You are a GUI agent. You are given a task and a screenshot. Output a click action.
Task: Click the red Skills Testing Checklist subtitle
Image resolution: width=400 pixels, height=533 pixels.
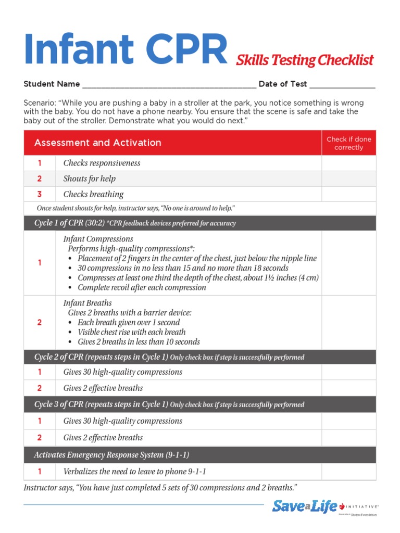click(x=305, y=60)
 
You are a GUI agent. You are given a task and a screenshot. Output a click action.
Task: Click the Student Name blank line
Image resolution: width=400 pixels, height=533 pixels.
click(x=169, y=85)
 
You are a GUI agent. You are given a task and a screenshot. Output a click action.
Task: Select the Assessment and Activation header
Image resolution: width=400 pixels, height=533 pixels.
click(x=97, y=143)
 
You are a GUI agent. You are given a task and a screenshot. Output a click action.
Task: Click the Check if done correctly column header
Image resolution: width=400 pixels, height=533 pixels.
click(x=348, y=143)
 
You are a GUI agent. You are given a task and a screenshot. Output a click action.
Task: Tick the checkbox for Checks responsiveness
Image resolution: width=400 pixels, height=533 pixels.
click(x=348, y=163)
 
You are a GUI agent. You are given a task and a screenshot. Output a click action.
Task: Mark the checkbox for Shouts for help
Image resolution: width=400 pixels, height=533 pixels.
click(x=348, y=179)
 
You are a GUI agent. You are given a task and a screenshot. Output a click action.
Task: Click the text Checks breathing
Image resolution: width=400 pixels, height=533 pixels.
click(x=93, y=195)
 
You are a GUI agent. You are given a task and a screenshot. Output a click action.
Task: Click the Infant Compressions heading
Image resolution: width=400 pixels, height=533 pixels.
click(x=98, y=239)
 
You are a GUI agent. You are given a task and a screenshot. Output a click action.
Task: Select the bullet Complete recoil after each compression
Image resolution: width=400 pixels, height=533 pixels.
click(x=142, y=287)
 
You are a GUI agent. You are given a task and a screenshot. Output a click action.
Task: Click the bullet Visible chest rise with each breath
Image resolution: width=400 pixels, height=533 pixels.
click(x=131, y=332)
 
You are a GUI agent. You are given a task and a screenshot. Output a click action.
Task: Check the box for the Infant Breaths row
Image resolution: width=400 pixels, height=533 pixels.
click(x=348, y=323)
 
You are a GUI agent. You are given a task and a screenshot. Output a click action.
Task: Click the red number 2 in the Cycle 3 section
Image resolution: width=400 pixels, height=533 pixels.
click(x=40, y=438)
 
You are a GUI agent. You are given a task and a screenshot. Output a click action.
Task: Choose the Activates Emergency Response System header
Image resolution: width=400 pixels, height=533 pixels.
click(x=111, y=455)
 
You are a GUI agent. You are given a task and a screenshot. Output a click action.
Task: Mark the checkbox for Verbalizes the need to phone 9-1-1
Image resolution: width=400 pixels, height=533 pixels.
click(x=348, y=472)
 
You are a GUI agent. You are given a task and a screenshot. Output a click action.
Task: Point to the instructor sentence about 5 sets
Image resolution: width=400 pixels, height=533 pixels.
click(x=160, y=488)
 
